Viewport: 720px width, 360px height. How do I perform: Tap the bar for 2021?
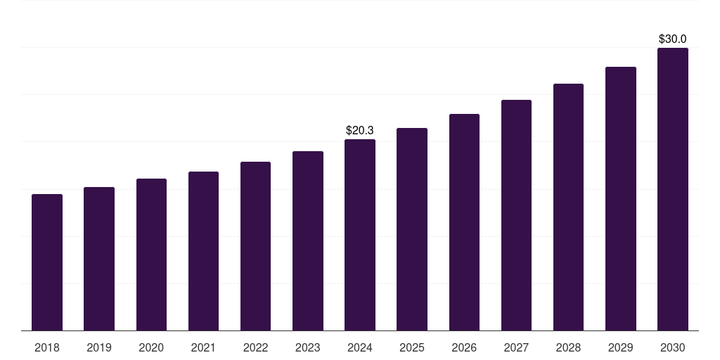203,251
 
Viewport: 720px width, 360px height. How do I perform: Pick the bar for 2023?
308,240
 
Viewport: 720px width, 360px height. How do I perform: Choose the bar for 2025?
412,229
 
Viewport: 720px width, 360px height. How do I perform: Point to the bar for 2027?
516,215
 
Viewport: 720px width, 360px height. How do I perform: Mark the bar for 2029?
620,198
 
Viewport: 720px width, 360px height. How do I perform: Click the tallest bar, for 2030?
673,189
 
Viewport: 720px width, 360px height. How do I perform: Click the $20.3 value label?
360,130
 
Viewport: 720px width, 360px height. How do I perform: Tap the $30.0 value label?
672,39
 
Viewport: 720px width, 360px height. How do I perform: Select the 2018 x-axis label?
47,347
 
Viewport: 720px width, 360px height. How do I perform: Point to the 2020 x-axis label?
151,347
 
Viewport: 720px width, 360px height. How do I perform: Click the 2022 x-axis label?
255,347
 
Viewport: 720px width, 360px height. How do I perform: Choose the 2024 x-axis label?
360,347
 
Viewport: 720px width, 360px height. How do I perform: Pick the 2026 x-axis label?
464,347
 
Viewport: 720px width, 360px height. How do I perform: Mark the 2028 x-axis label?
568,347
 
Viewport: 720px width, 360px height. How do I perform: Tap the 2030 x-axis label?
672,347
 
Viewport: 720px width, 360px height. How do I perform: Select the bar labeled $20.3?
360,235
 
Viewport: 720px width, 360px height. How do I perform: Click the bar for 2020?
151,255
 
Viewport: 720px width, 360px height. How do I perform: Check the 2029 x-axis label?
620,347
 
